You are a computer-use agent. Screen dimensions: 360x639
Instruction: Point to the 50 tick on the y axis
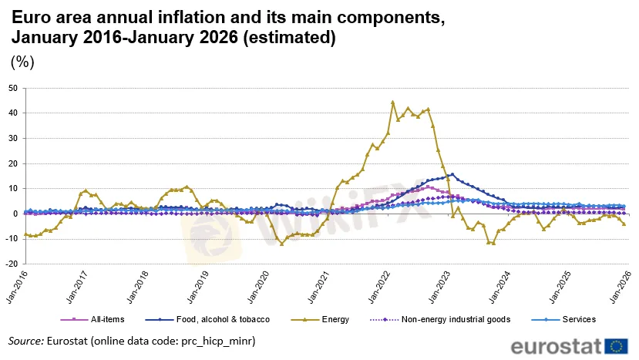click(13, 88)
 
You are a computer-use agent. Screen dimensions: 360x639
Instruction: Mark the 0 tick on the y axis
click(15, 214)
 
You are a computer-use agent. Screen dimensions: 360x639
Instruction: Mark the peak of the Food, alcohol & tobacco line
click(452, 174)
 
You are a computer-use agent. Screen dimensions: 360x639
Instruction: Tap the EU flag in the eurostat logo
click(617, 345)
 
